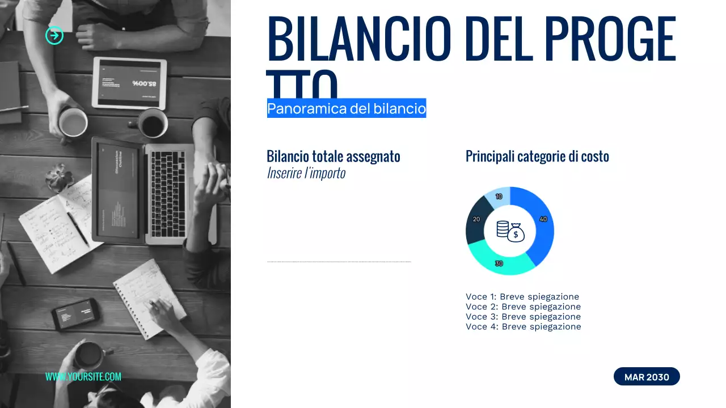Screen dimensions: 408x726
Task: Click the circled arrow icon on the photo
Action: tap(54, 36)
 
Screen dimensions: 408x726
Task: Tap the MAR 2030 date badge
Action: tap(647, 377)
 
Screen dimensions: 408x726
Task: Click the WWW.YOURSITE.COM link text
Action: tap(83, 376)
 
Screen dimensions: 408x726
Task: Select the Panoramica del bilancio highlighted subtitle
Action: tap(346, 108)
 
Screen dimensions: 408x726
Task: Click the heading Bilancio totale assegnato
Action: tap(334, 156)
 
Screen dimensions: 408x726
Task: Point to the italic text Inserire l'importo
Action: tap(306, 173)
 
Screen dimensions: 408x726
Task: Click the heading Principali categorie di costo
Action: tap(537, 156)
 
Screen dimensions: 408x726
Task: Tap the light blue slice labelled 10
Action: tap(499, 196)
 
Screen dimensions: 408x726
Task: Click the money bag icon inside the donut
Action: tap(515, 232)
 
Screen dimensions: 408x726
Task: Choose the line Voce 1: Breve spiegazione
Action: tap(522, 296)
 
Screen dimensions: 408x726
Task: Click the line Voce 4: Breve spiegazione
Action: tap(523, 326)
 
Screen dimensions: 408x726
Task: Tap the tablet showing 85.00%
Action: tap(129, 83)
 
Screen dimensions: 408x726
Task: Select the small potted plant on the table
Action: tap(59, 176)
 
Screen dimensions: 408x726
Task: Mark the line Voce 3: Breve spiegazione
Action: tap(523, 316)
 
